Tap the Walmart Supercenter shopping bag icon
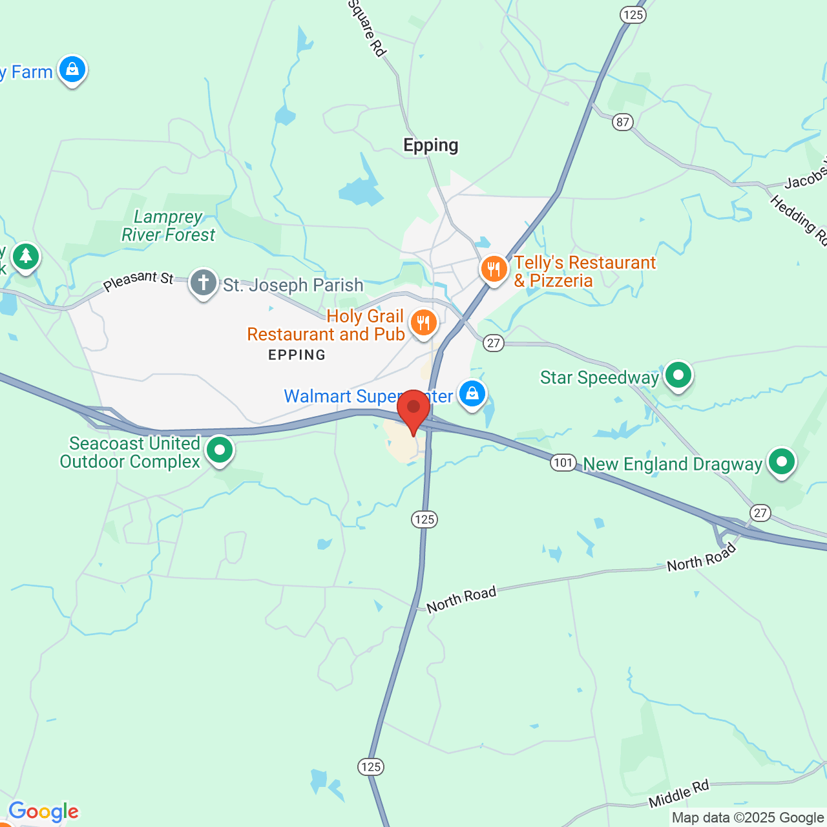point(472,393)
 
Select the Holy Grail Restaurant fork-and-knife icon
point(424,321)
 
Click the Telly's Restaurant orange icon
point(494,269)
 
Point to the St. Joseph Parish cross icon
point(204,283)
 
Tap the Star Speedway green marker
point(678,375)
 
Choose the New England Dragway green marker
point(782,462)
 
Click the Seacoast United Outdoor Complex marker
point(220,450)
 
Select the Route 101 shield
point(563,463)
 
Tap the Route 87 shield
point(623,122)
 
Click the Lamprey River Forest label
point(169,226)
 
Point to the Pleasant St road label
point(138,281)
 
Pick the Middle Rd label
point(679,794)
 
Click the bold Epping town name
point(431,145)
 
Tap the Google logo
point(44,811)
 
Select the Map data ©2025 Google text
point(748,818)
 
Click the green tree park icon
point(26,256)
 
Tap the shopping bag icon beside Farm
point(72,69)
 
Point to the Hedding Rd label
point(799,220)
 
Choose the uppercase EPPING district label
point(297,355)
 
